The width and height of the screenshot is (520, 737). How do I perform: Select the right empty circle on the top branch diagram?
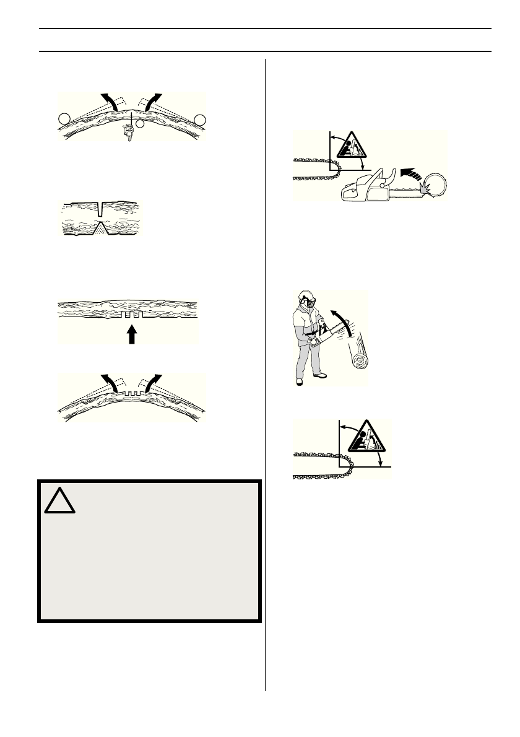pyautogui.click(x=199, y=119)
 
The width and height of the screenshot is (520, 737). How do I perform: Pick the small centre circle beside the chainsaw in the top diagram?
pyautogui.click(x=141, y=124)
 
